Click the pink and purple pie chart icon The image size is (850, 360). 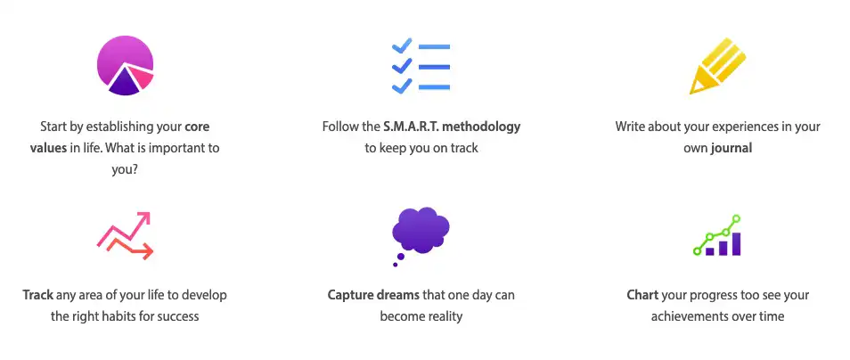(x=126, y=65)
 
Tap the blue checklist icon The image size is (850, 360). (x=421, y=66)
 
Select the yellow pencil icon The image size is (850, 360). (x=717, y=66)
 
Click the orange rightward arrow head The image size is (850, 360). (x=146, y=251)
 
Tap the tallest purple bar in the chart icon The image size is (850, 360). (x=736, y=244)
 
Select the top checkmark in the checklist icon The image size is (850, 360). (x=402, y=46)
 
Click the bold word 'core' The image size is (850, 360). (x=197, y=127)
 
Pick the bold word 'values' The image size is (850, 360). (x=48, y=148)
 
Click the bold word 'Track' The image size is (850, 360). (x=38, y=296)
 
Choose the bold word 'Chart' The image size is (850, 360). (x=643, y=296)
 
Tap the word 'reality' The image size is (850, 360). (x=443, y=316)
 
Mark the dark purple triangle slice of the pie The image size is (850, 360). (x=125, y=83)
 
